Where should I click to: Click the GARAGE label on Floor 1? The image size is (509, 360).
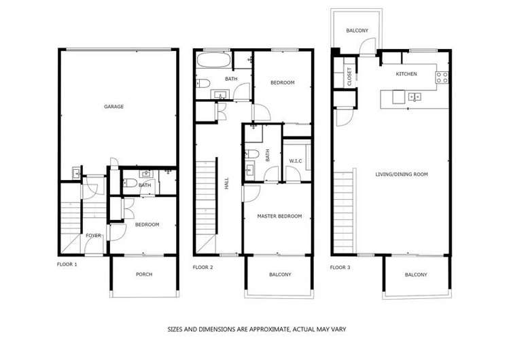(113, 107)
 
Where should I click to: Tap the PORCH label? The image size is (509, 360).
(143, 274)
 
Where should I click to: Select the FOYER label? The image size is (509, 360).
(93, 236)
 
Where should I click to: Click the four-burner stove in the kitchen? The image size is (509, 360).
(442, 76)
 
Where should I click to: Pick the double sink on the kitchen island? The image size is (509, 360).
(415, 97)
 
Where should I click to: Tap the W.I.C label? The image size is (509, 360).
(295, 161)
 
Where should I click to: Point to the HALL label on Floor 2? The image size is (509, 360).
(226, 183)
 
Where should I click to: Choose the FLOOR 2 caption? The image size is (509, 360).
(203, 267)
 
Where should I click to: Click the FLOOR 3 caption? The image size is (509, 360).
(340, 267)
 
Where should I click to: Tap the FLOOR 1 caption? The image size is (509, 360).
(67, 263)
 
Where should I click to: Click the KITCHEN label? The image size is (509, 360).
(406, 74)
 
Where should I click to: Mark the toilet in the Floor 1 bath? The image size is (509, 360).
(128, 181)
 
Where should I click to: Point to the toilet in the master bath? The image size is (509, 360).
(249, 153)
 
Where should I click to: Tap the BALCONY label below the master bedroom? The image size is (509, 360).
(279, 274)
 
